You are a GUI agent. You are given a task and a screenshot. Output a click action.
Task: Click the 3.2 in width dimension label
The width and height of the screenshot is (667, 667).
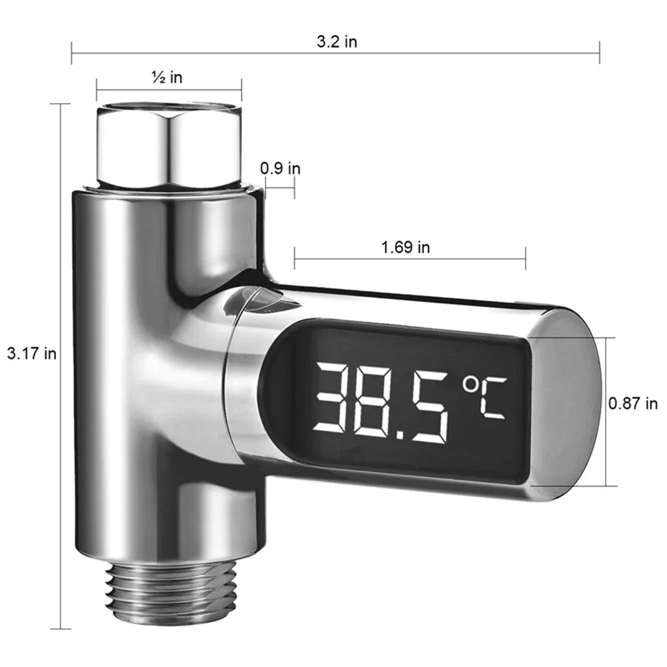coord(337,42)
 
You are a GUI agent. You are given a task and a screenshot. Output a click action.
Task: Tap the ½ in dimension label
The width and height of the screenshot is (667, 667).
coord(167,78)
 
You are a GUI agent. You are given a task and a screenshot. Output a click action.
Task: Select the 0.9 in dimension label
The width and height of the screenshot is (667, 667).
coord(280,168)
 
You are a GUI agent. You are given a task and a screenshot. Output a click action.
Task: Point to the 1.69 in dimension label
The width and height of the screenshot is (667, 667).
coord(405,247)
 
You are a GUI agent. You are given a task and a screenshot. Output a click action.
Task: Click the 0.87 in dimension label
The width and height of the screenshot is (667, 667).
coord(633,403)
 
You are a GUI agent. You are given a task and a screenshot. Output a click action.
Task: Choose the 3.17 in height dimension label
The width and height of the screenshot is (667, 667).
coord(31,354)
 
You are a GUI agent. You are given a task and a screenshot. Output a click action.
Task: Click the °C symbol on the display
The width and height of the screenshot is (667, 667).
coord(485,398)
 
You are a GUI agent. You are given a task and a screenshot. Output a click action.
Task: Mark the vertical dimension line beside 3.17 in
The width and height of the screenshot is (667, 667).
coord(61,367)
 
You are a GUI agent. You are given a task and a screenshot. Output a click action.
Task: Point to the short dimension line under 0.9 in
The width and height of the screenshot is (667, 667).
coord(279,188)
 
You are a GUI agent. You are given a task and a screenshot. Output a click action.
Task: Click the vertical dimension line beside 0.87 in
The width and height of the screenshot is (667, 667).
coord(606,411)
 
